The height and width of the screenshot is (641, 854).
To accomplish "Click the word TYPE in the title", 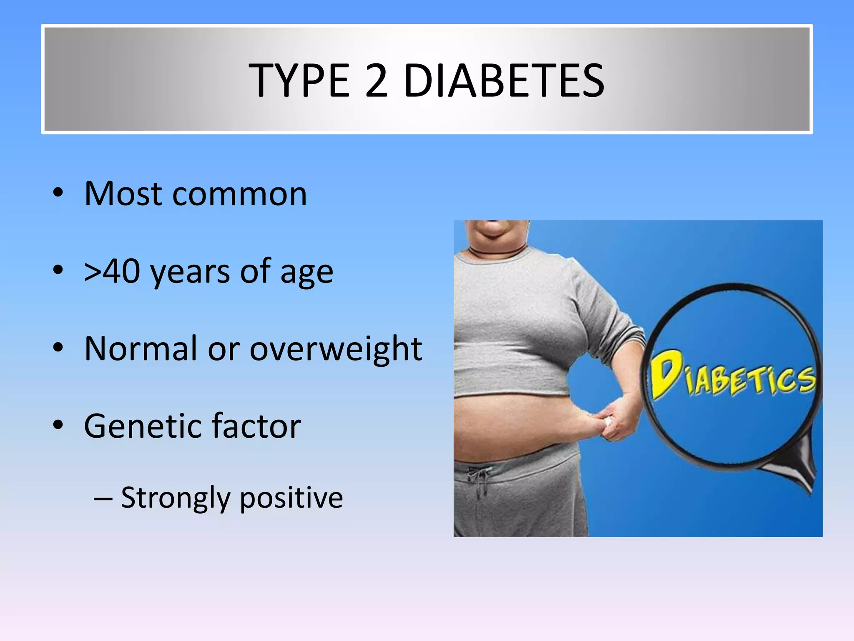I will click(x=299, y=80).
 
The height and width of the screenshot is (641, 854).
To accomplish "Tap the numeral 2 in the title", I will click(x=377, y=80).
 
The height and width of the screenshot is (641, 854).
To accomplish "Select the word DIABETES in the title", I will click(x=504, y=80).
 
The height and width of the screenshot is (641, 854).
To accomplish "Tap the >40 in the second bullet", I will click(x=112, y=271).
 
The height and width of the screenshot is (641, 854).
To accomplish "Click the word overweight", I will click(x=336, y=350).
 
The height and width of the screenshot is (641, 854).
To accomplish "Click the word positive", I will click(x=291, y=498).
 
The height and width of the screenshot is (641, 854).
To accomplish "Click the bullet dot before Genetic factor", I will click(x=58, y=425).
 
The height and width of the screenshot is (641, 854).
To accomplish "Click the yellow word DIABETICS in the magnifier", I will click(x=732, y=376).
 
